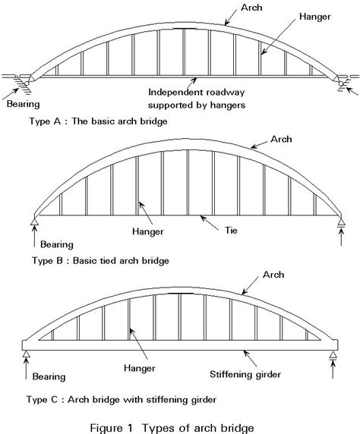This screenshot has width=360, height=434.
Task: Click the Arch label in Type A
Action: click(x=251, y=8)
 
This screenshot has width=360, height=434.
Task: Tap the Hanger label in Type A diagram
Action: click(x=315, y=17)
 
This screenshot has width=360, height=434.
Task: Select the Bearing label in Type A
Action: click(x=24, y=104)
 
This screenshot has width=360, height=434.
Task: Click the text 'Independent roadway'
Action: click(x=196, y=92)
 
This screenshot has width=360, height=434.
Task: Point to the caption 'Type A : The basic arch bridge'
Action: click(x=99, y=121)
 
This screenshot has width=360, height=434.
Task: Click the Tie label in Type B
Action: click(x=231, y=231)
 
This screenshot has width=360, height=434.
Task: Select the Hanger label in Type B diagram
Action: click(x=147, y=231)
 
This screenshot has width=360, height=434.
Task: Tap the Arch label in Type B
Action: click(x=281, y=139)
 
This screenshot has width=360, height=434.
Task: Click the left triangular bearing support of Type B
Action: click(x=34, y=221)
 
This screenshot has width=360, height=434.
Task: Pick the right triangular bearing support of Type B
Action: click(x=341, y=221)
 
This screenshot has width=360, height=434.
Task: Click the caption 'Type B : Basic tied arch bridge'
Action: click(x=100, y=261)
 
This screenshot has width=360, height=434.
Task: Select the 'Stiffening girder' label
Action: click(x=245, y=375)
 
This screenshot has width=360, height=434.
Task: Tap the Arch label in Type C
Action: click(x=273, y=275)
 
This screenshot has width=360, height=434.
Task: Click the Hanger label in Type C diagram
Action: click(x=140, y=368)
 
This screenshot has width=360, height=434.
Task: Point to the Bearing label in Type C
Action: click(x=49, y=376)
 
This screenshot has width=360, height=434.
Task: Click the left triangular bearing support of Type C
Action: click(x=26, y=354)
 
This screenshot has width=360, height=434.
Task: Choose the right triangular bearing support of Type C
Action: click(x=333, y=354)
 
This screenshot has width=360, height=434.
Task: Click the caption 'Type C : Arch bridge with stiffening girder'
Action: click(x=122, y=400)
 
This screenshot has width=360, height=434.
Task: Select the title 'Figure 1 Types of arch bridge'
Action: click(x=172, y=428)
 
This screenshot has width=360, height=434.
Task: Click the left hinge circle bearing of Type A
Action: click(x=27, y=83)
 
